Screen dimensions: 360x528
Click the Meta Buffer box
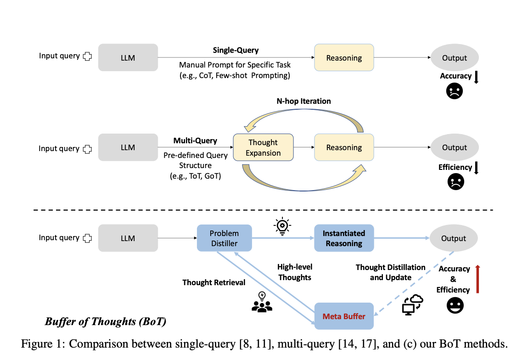344,316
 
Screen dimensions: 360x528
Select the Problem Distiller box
225,238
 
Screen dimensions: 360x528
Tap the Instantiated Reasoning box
344,238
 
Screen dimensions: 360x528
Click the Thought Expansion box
263,147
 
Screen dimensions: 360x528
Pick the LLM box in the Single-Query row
128,57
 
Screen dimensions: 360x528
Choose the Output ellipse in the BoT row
454,238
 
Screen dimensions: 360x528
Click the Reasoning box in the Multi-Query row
344,147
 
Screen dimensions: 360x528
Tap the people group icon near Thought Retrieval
262,303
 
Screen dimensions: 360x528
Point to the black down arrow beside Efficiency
476,168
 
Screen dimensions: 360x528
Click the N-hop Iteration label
303,101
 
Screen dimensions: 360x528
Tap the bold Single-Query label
236,50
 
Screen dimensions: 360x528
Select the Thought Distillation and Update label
390,272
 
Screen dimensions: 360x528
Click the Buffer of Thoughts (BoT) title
105,322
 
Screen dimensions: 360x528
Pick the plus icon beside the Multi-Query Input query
87,149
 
